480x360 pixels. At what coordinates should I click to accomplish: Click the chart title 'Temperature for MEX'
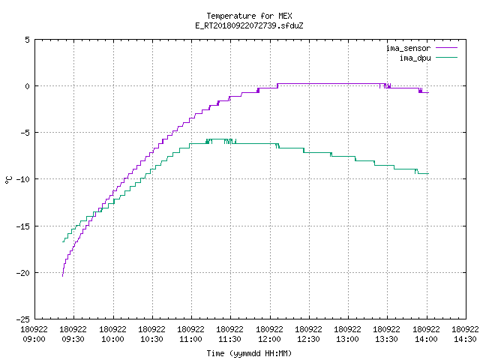point(249,16)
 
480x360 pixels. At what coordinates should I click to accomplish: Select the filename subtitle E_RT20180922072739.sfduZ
point(249,25)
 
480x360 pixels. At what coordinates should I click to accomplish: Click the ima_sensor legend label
point(408,48)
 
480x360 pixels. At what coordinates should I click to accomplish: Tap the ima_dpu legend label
point(415,58)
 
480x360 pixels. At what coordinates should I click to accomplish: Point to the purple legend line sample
point(447,48)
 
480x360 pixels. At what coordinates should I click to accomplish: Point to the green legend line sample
point(447,57)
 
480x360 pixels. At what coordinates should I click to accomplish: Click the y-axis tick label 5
point(27,40)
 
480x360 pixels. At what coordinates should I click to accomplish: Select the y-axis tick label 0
point(27,86)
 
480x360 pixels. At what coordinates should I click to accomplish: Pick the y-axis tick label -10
point(23,179)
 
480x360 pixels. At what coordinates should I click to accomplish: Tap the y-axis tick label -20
point(23,273)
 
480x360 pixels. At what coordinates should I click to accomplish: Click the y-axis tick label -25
point(23,319)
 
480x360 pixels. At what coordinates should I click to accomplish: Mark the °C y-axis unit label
point(8,180)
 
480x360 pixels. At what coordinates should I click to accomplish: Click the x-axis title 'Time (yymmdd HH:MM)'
point(249,353)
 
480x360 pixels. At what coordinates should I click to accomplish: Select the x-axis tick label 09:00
point(34,339)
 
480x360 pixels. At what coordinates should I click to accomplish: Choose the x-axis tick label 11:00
point(190,339)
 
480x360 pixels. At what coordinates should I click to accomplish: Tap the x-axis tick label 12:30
point(308,339)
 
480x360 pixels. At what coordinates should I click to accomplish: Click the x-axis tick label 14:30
point(465,339)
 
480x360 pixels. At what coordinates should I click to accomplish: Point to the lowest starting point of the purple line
point(63,276)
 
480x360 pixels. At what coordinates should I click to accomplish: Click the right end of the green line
point(428,173)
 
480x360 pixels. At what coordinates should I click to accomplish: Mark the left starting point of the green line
point(63,241)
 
